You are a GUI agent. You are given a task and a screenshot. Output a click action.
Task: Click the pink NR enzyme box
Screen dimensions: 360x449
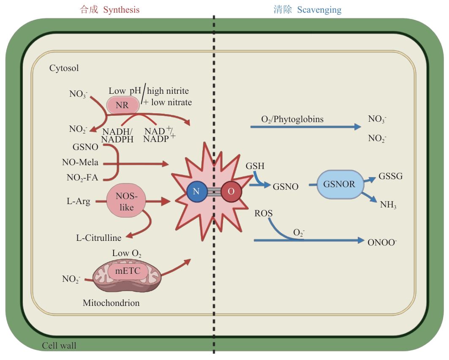coord(122,105)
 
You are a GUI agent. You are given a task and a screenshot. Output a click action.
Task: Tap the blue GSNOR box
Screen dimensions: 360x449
coord(339,184)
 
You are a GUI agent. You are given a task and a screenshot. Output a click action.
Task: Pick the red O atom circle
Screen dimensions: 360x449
coord(231,191)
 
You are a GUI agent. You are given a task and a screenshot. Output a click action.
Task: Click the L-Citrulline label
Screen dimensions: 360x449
coord(99,238)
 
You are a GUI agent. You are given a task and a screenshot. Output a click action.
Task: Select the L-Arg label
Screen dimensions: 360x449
coord(79,201)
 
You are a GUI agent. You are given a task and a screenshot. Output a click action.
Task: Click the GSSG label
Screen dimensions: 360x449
coord(391,176)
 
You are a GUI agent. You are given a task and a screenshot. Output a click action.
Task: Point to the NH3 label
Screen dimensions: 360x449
coord(388,205)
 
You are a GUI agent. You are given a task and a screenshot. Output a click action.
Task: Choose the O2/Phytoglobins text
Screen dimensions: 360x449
coord(292,119)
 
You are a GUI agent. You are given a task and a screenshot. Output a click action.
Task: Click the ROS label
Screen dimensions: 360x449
coord(264,213)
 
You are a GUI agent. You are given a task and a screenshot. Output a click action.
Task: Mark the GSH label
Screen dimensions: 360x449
coord(255,166)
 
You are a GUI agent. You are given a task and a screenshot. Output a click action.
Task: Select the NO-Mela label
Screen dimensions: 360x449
coord(80,162)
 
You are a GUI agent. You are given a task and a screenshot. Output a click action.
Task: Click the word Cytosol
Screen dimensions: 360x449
coord(64,68)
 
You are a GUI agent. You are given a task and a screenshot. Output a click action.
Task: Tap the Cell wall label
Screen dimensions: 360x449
coord(59,346)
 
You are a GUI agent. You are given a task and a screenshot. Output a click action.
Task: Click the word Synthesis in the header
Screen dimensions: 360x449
coord(121,10)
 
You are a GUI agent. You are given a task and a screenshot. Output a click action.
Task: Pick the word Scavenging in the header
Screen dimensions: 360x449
coord(319,10)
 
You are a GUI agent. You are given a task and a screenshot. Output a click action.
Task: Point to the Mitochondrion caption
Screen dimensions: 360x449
coord(111,303)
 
